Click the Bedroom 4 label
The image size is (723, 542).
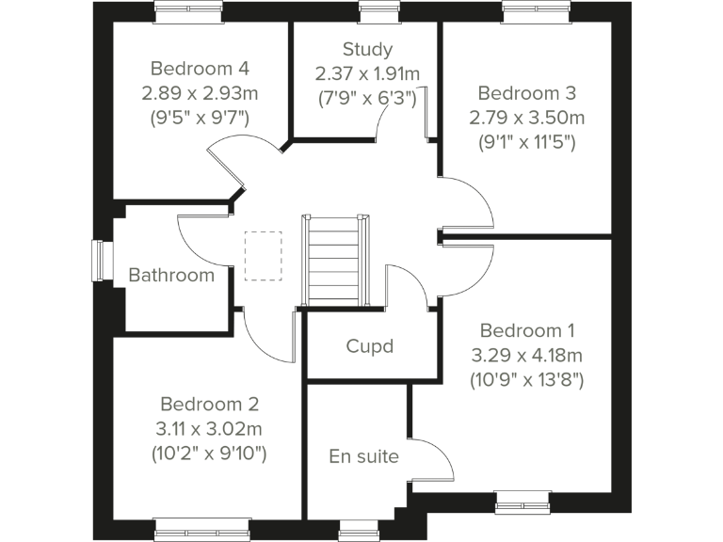(x=200, y=69)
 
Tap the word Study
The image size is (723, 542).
(x=367, y=50)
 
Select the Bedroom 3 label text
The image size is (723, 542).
(x=526, y=93)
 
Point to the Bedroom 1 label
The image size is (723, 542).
(x=527, y=330)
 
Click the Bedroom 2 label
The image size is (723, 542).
(x=209, y=404)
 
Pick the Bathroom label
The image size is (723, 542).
(x=171, y=276)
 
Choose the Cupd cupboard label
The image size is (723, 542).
(x=369, y=346)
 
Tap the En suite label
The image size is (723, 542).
(x=363, y=457)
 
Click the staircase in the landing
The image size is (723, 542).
(x=332, y=261)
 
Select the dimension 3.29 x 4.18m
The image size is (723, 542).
(x=527, y=356)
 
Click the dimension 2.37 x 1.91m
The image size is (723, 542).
(x=367, y=73)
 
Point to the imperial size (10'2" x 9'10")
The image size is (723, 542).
(x=209, y=454)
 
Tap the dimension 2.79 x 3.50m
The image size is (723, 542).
(x=526, y=118)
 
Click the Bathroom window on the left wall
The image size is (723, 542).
(x=99, y=260)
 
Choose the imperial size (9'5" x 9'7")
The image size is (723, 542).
(x=200, y=118)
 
